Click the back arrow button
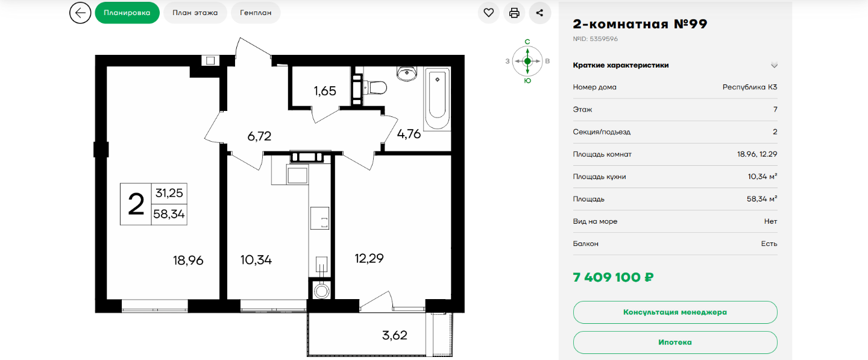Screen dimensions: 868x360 coord(80,13)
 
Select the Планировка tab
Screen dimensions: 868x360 coord(127,13)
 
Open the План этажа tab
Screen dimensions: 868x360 coord(195,13)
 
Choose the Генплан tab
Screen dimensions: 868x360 coord(256,13)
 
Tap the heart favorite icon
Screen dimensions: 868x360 coord(489,13)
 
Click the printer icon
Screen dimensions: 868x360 coord(514,13)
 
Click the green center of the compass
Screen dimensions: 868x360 coord(527,61)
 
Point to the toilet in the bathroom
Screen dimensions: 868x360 coord(375,87)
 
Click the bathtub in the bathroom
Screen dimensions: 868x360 coord(437,99)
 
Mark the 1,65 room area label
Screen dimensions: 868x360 coord(325,91)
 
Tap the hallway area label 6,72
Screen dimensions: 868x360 coord(259,136)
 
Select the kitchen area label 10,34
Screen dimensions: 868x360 coord(256,260)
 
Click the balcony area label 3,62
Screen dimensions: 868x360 coord(394,335)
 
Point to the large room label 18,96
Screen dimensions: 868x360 coord(188,261)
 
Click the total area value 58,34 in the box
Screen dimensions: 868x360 coord(169,214)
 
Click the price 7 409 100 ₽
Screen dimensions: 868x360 coord(613,277)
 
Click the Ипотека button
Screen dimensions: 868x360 coord(675,342)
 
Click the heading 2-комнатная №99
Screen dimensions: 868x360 coord(640,24)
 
